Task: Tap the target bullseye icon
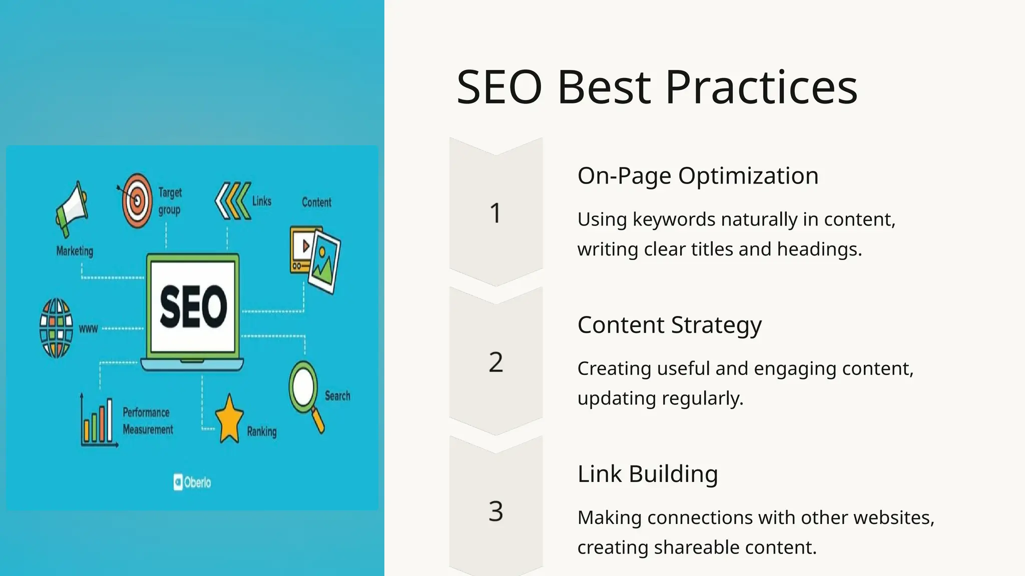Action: click(137, 200)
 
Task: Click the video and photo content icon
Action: click(315, 258)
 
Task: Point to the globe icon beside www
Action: click(56, 328)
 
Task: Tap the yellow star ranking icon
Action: click(229, 419)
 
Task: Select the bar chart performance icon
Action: click(99, 421)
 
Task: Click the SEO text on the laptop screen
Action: click(193, 306)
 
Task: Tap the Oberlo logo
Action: click(192, 482)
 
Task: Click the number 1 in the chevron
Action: click(495, 213)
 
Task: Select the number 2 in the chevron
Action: click(495, 362)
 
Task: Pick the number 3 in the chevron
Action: click(495, 511)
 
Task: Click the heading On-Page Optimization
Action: click(698, 176)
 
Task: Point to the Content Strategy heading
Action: click(669, 325)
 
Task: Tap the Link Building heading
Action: click(648, 474)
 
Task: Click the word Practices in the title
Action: click(761, 87)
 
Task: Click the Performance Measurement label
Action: click(148, 421)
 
